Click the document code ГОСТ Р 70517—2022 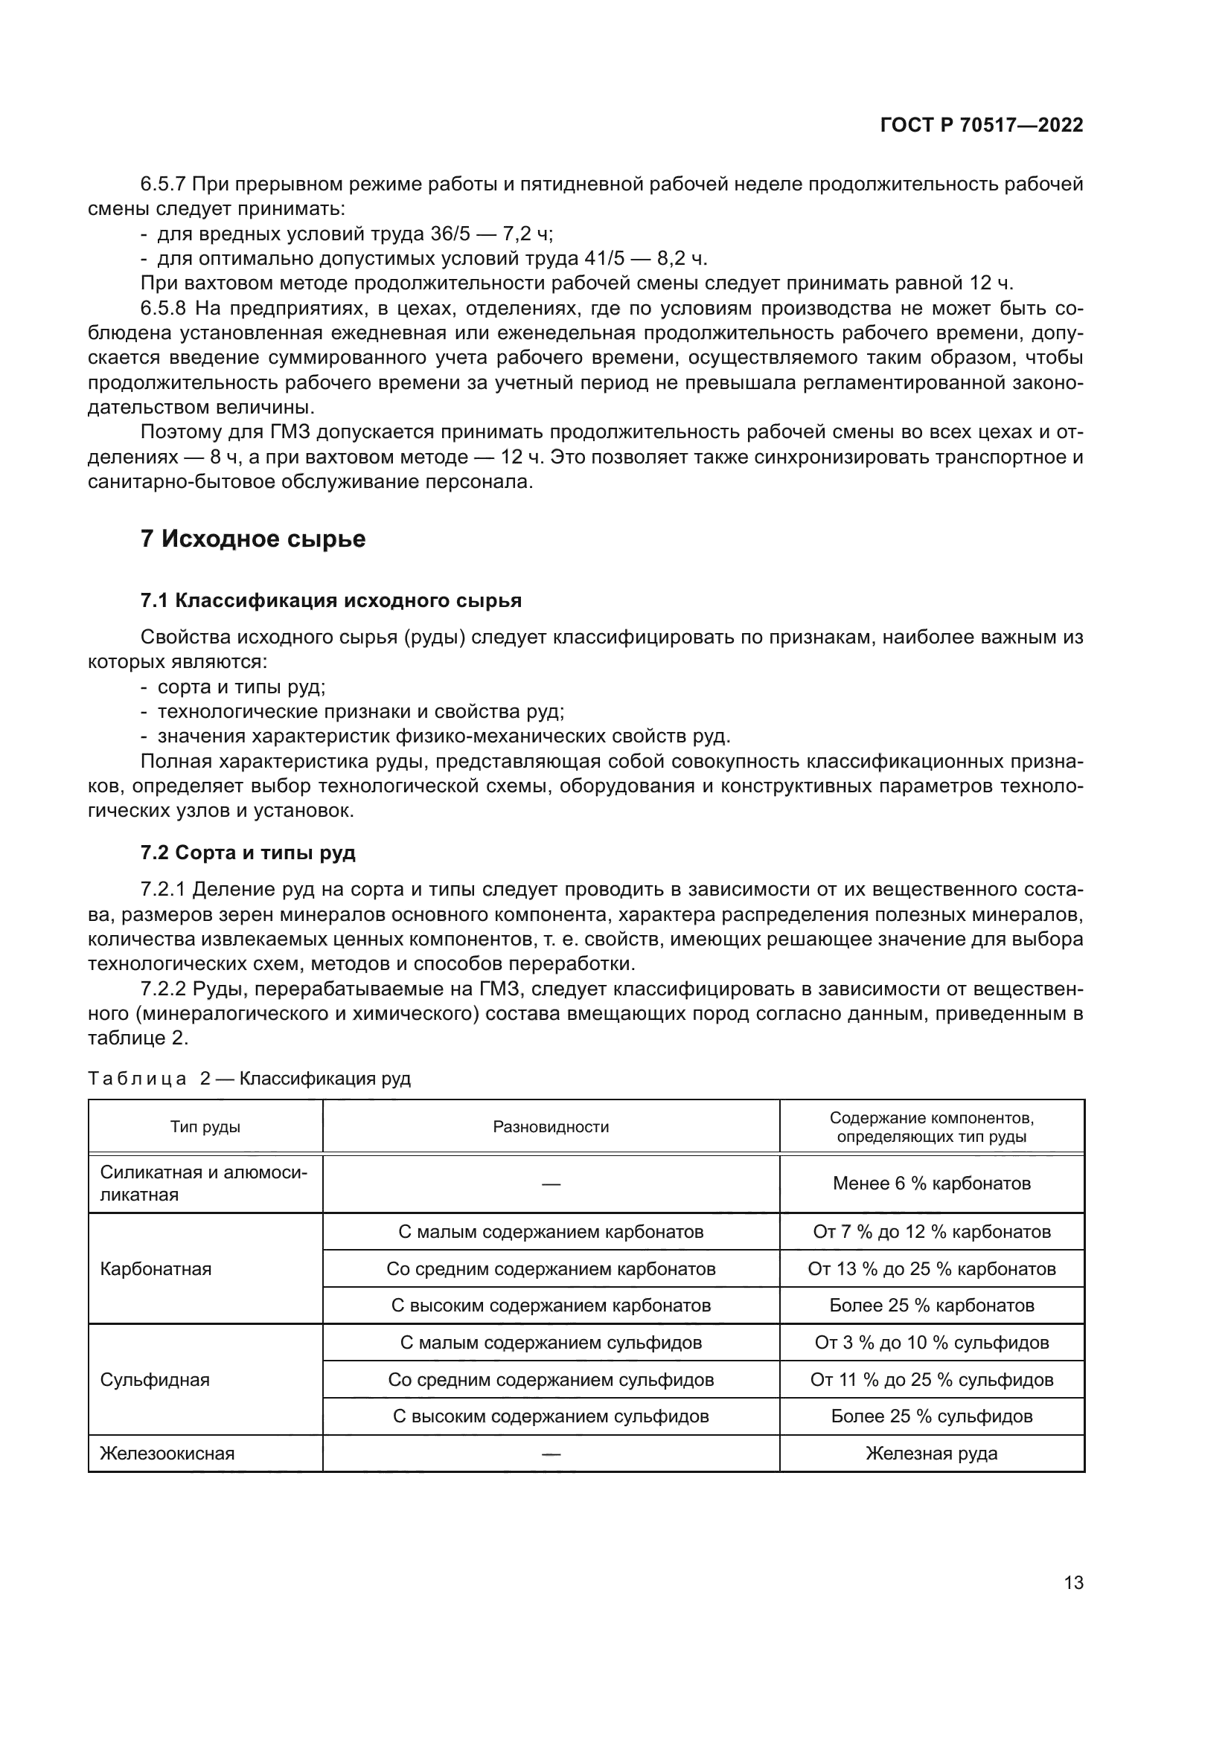[x=981, y=125]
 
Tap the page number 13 [x=1073, y=1582]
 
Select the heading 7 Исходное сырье [x=252, y=539]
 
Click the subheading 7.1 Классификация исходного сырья [x=330, y=601]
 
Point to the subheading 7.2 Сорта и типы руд [x=247, y=853]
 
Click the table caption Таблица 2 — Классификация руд [x=249, y=1079]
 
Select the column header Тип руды [x=205, y=1127]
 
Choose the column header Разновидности [x=551, y=1127]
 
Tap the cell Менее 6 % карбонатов [x=932, y=1184]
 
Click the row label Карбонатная [x=156, y=1268]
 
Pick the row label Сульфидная [x=155, y=1379]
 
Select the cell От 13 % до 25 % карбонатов [x=932, y=1268]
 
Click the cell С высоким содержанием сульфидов [x=551, y=1416]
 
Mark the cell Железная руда [x=932, y=1454]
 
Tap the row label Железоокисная [x=167, y=1454]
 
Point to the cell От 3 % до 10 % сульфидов [x=932, y=1343]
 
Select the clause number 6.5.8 [x=163, y=309]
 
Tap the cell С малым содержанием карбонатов [x=551, y=1231]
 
